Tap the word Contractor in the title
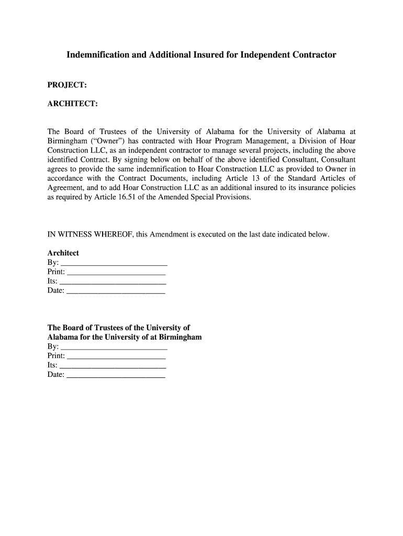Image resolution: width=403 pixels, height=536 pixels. [310, 54]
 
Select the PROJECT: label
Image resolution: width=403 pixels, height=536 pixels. [67, 85]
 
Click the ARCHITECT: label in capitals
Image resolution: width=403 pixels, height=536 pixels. [73, 104]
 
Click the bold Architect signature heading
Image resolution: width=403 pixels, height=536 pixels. [63, 253]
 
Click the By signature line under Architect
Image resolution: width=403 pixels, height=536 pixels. [114, 263]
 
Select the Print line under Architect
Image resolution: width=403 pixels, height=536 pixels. [117, 272]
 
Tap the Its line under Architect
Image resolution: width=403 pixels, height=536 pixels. [113, 282]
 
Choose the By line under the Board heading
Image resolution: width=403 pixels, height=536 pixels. [114, 347]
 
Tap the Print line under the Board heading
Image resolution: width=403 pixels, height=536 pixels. [117, 356]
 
